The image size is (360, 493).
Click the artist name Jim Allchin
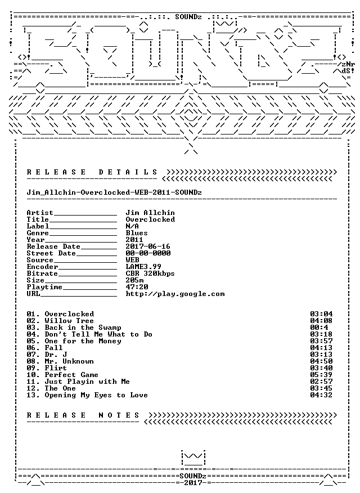[x=150, y=213]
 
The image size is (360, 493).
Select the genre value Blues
[x=137, y=233]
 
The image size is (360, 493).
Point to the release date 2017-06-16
[x=148, y=246]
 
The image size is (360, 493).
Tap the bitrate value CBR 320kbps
[x=150, y=274]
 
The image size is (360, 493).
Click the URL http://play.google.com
[x=175, y=294]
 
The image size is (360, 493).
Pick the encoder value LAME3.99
[x=143, y=267]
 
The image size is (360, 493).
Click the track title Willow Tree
[x=69, y=321]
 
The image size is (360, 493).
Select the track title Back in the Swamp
[x=83, y=328]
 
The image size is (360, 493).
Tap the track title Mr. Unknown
[x=69, y=361]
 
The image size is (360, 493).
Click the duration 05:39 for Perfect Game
[x=321, y=375]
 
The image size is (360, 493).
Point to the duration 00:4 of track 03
[x=319, y=328]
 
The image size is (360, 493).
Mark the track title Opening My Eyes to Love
[x=96, y=395]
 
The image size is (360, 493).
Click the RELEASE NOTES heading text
[x=83, y=415]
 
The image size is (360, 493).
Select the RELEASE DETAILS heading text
[x=92, y=172]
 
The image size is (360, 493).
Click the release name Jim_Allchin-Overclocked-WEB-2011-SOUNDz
[x=114, y=192]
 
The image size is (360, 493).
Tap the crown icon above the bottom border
[x=193, y=458]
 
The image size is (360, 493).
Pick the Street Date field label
[x=51, y=253]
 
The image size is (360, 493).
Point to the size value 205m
[x=135, y=280]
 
